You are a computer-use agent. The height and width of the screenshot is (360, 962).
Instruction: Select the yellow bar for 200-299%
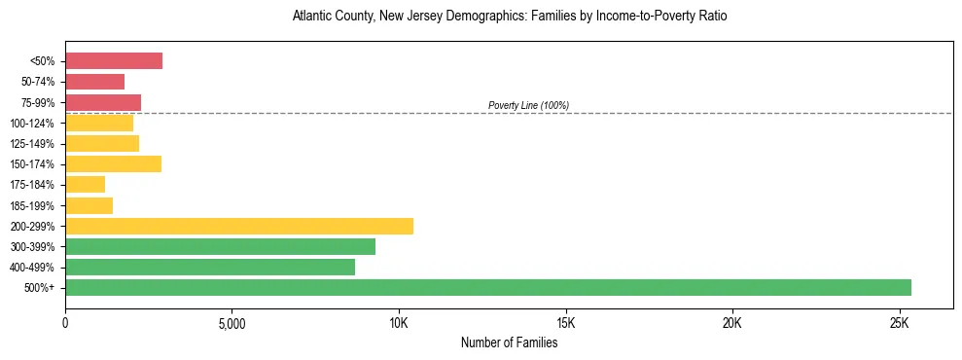click(x=239, y=226)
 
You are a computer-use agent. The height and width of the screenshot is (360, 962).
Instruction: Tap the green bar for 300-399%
click(x=220, y=247)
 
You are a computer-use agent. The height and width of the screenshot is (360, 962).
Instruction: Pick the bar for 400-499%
click(x=210, y=268)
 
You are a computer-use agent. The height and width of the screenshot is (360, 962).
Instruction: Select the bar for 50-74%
click(x=95, y=82)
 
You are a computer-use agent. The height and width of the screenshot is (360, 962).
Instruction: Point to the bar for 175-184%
click(x=86, y=185)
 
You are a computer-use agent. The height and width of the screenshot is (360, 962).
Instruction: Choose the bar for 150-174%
click(x=113, y=164)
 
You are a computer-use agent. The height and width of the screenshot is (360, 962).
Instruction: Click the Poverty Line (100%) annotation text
click(x=528, y=105)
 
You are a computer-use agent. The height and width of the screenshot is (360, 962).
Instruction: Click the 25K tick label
click(x=899, y=323)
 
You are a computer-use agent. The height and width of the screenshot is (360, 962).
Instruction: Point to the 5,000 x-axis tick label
click(x=232, y=323)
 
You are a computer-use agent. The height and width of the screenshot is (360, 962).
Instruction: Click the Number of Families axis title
click(x=509, y=342)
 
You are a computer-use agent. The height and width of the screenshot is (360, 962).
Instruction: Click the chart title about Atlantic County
click(x=509, y=17)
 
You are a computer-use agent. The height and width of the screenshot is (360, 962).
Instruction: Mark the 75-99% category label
click(x=38, y=103)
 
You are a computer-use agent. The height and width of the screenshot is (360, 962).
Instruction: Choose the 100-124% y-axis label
click(x=34, y=124)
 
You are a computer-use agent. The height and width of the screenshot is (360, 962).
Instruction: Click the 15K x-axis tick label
click(x=565, y=323)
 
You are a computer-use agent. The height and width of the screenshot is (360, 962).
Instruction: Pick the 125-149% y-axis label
click(x=34, y=144)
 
